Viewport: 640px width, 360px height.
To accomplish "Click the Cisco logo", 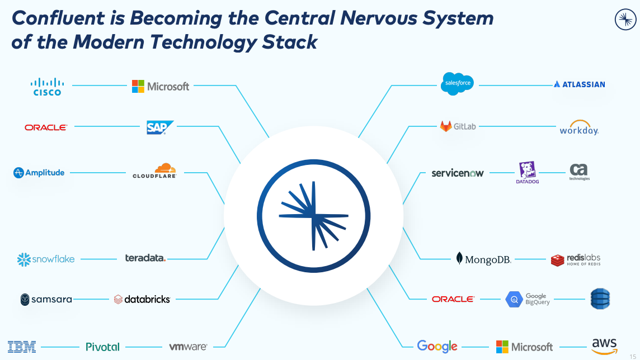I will [47, 87].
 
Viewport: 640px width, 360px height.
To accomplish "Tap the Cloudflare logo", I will [154, 171].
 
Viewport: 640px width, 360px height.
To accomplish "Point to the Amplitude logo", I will [39, 173].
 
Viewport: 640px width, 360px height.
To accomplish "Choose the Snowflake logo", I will [46, 259].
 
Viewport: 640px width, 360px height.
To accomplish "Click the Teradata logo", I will [145, 258].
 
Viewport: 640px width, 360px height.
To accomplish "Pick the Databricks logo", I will [142, 299].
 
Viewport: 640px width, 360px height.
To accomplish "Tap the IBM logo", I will [22, 347].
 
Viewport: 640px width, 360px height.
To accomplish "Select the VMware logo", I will [188, 347].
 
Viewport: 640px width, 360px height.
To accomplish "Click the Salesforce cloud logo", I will [457, 84].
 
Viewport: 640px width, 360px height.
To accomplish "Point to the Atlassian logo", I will [579, 84].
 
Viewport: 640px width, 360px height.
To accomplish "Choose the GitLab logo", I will [457, 126].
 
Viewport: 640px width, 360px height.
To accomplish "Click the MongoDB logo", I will [483, 259].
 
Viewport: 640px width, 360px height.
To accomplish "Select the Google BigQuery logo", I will [528, 299].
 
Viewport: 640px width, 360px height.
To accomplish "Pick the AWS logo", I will [604, 346].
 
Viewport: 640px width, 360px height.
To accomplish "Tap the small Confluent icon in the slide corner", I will [625, 20].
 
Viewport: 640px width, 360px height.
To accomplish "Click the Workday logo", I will [579, 128].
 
